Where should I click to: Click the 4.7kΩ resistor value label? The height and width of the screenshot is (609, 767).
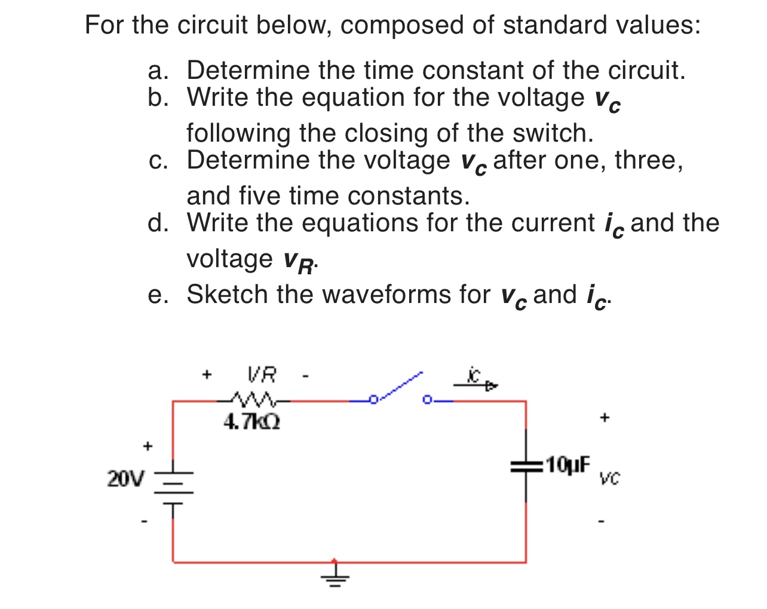click(x=251, y=423)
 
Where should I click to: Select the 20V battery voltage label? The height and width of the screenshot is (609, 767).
click(x=125, y=479)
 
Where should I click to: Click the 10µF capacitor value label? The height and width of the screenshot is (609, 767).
click(x=567, y=464)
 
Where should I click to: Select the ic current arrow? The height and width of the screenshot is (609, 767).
click(x=475, y=383)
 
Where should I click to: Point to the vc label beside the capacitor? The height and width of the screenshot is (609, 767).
click(x=610, y=478)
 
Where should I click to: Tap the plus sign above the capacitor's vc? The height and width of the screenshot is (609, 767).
click(x=605, y=417)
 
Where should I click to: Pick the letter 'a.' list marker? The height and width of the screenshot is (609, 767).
click(x=158, y=71)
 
